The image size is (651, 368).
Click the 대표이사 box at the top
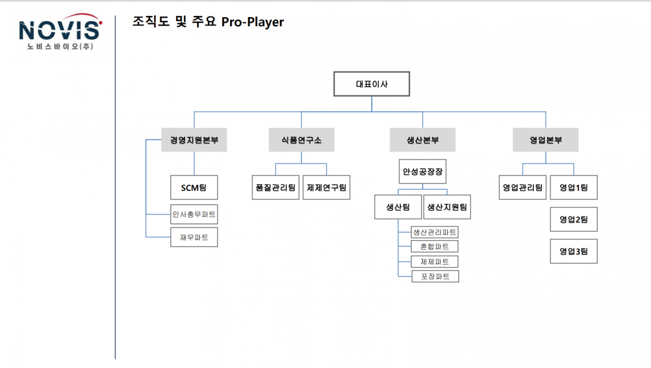pyautogui.click(x=372, y=84)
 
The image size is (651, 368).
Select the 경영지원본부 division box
pyautogui.click(x=194, y=140)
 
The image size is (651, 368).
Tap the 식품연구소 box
pyautogui.click(x=302, y=140)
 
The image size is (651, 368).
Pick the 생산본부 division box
pyautogui.click(x=423, y=140)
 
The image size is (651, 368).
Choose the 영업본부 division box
pyautogui.click(x=545, y=140)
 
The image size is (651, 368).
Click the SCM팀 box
pyautogui.click(x=194, y=187)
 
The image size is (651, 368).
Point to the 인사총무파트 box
pyautogui.click(x=194, y=215)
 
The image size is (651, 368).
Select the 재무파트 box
pyautogui.click(x=194, y=237)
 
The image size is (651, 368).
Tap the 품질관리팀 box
pyautogui.click(x=276, y=187)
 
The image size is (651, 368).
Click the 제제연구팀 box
pyautogui.click(x=327, y=187)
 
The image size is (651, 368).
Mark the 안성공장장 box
pyautogui.click(x=423, y=171)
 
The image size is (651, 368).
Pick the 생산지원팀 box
pyautogui.click(x=447, y=207)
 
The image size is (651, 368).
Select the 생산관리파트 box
pyautogui.click(x=435, y=232)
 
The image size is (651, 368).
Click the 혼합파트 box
pyautogui.click(x=435, y=247)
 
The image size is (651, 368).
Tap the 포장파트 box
pyautogui.click(x=435, y=277)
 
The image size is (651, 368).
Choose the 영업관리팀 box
pyautogui.click(x=523, y=187)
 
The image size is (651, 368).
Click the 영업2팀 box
pyautogui.click(x=573, y=219)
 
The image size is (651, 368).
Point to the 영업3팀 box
pyautogui.click(x=573, y=251)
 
